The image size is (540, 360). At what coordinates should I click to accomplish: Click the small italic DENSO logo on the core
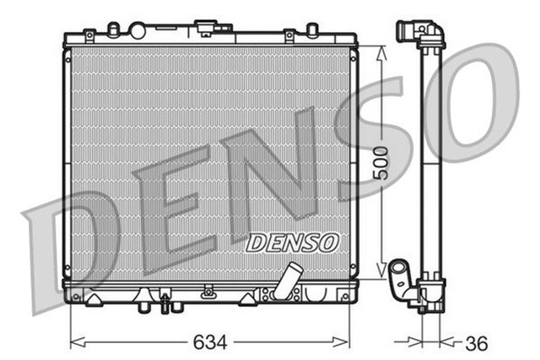tap(292, 242)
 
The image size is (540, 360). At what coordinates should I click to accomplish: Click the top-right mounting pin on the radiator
tap(312, 30)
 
